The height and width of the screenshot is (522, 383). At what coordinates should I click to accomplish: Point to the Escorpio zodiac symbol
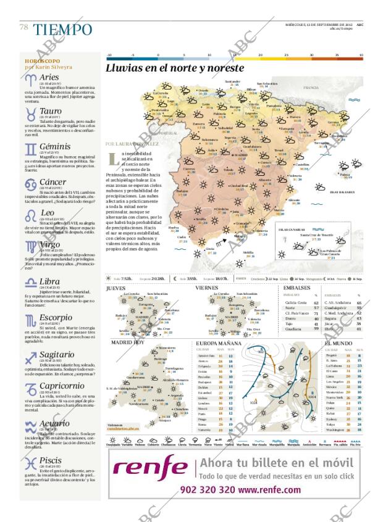coord(31,320)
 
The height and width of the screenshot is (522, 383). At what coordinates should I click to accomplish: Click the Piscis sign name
coord(51,460)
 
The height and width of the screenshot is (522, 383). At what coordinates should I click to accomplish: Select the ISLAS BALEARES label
coord(342,192)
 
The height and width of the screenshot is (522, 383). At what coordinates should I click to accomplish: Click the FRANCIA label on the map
coord(310,88)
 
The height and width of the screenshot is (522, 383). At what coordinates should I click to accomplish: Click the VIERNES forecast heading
coord(206,288)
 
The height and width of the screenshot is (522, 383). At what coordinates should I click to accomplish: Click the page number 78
coord(24,27)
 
